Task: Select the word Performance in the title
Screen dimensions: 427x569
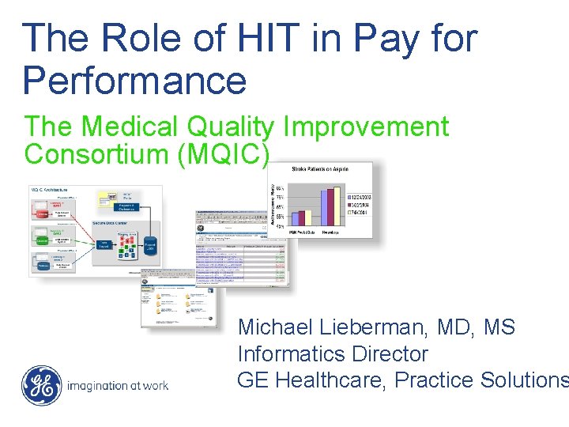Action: (134, 81)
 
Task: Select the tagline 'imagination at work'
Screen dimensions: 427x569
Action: (119, 387)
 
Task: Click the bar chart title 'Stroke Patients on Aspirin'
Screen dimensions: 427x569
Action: (321, 168)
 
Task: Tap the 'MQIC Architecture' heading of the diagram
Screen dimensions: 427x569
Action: (49, 191)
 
